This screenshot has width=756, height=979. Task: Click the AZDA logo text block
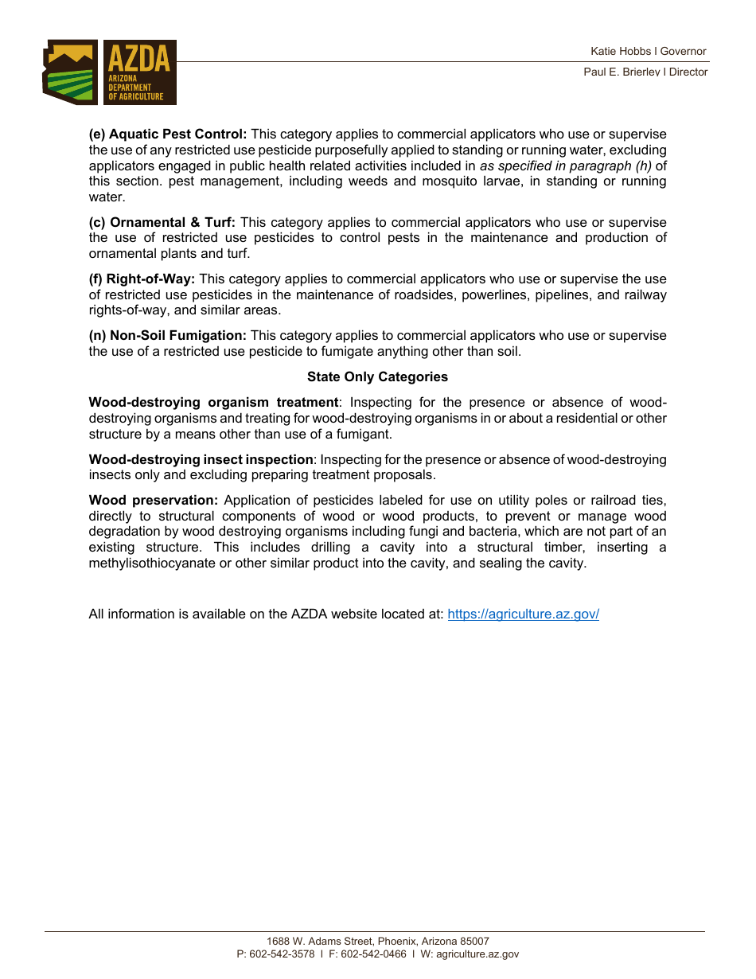click(x=139, y=72)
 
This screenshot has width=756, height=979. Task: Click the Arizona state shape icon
click(x=70, y=72)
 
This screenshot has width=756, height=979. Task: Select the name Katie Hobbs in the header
click(x=620, y=51)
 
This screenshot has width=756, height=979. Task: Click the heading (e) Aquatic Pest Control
click(x=168, y=134)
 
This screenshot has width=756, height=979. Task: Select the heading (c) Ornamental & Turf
click(x=162, y=222)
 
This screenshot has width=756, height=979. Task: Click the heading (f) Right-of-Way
click(x=142, y=279)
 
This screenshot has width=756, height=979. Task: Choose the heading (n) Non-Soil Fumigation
click(x=168, y=335)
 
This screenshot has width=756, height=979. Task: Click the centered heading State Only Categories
click(x=377, y=376)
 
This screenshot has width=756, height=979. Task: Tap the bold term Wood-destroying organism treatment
click(x=214, y=402)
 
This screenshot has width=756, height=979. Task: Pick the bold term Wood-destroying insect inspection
click(x=201, y=459)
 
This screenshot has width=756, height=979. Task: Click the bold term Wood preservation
click(x=153, y=500)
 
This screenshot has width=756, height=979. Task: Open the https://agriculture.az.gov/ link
click(x=523, y=614)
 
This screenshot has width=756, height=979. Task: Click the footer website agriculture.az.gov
click(x=477, y=954)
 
